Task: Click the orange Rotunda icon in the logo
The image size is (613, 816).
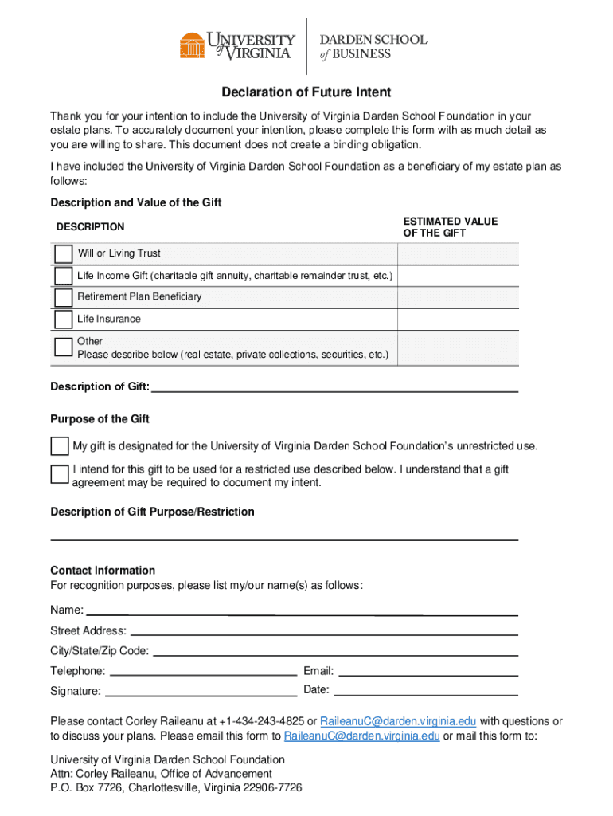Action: click(x=192, y=45)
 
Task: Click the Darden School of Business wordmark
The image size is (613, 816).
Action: click(x=373, y=46)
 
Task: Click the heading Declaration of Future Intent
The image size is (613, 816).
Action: click(x=306, y=92)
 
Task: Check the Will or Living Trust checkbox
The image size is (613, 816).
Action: click(x=63, y=254)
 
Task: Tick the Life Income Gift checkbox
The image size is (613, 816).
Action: click(x=63, y=277)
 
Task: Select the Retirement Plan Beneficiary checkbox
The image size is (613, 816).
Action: click(x=63, y=297)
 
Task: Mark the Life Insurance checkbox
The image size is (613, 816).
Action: click(x=63, y=320)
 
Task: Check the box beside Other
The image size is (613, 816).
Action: click(x=63, y=347)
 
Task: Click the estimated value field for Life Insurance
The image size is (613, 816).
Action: click(x=458, y=320)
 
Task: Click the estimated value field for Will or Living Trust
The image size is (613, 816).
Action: click(x=458, y=254)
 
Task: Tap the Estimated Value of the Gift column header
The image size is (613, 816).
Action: click(x=450, y=227)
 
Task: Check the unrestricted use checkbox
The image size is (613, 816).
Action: click(x=60, y=446)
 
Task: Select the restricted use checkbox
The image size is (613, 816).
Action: click(x=60, y=475)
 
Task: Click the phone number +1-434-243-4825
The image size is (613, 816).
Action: click(x=262, y=721)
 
